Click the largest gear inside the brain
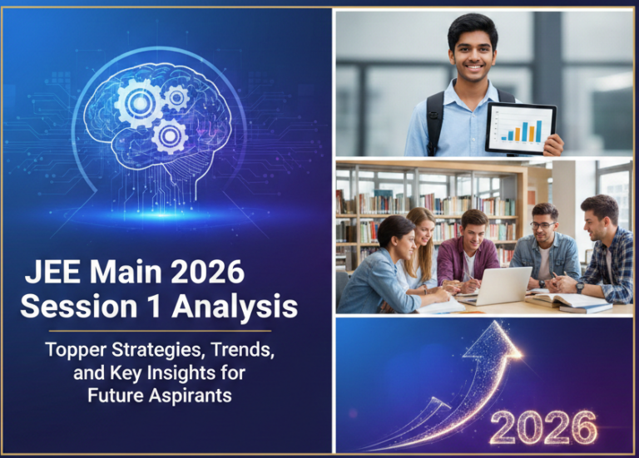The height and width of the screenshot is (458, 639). pos(137,103)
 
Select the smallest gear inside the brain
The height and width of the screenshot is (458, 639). pos(176,98)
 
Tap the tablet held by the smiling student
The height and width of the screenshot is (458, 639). pos(520,129)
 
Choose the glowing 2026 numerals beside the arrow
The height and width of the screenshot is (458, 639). pos(543,426)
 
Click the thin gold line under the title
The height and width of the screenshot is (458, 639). pos(159,331)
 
